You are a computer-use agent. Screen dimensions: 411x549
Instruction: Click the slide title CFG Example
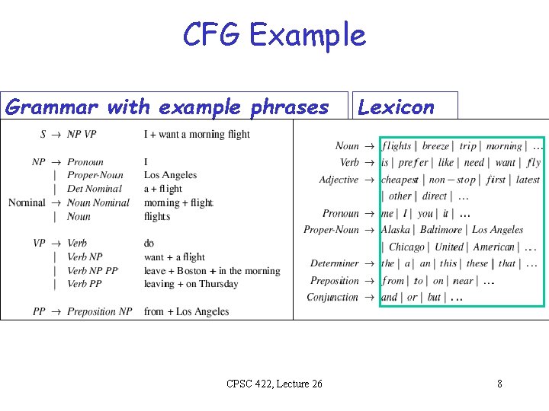[274, 35]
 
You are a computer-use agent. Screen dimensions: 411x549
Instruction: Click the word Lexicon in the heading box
[396, 107]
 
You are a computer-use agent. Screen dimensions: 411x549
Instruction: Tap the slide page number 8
[499, 384]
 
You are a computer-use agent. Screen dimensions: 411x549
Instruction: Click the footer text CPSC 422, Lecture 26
[274, 384]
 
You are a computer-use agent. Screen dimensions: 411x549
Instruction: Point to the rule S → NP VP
[69, 135]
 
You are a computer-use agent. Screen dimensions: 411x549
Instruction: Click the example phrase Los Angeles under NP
[170, 175]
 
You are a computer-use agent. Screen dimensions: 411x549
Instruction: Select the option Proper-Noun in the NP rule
[95, 175]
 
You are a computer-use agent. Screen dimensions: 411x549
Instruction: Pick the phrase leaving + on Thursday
[191, 284]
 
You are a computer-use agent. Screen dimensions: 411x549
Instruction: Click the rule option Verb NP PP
[92, 271]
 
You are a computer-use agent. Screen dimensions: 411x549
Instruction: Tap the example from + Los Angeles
[186, 311]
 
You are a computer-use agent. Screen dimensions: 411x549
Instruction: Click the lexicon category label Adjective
[339, 180]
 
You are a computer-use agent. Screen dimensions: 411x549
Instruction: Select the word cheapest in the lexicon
[400, 180]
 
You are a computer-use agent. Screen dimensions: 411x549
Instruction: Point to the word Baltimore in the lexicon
[441, 230]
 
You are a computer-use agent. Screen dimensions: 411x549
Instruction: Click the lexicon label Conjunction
[332, 298]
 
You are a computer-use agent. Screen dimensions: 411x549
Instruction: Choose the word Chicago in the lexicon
[406, 247]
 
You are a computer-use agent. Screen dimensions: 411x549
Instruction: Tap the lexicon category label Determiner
[334, 263]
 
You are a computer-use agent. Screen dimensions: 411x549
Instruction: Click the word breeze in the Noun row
[435, 146]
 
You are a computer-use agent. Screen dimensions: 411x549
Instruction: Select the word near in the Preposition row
[463, 281]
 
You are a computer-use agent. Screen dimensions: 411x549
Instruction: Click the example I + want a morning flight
[197, 135]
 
